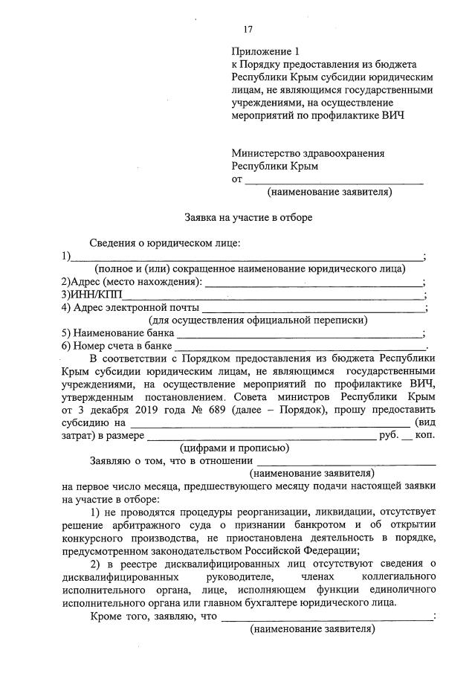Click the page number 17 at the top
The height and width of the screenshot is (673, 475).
248,30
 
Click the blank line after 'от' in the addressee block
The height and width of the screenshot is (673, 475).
334,181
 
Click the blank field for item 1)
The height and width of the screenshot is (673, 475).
245,257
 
